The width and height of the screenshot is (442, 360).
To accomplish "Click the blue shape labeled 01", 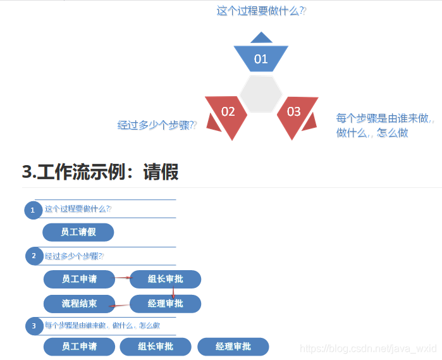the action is [x=261, y=58].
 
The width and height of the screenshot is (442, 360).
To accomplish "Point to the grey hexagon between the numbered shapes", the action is [x=261, y=94].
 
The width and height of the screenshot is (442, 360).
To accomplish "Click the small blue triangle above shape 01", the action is [x=261, y=38].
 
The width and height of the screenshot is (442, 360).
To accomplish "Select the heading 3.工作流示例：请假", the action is [x=100, y=171].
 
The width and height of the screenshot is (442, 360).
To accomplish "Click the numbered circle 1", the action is [x=33, y=209].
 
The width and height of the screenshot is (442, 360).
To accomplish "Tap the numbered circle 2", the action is [x=33, y=256].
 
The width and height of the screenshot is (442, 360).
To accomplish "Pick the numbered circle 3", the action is [x=33, y=326].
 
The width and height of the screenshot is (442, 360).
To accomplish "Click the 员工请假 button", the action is [x=78, y=232].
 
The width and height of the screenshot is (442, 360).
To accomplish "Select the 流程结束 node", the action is [x=79, y=304].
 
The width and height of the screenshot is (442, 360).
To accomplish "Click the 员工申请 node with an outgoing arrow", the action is [x=79, y=279].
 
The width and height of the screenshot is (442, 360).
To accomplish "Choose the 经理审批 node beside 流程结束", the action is [x=165, y=304].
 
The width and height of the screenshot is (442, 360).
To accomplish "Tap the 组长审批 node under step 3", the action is [x=156, y=347].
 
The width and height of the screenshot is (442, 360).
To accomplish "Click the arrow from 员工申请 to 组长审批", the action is [x=122, y=277].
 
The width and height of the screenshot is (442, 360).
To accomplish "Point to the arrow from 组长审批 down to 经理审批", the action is [x=173, y=292].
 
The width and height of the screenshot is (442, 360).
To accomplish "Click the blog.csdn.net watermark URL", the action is [x=368, y=348].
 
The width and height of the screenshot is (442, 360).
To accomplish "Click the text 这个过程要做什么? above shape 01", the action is [x=261, y=11].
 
